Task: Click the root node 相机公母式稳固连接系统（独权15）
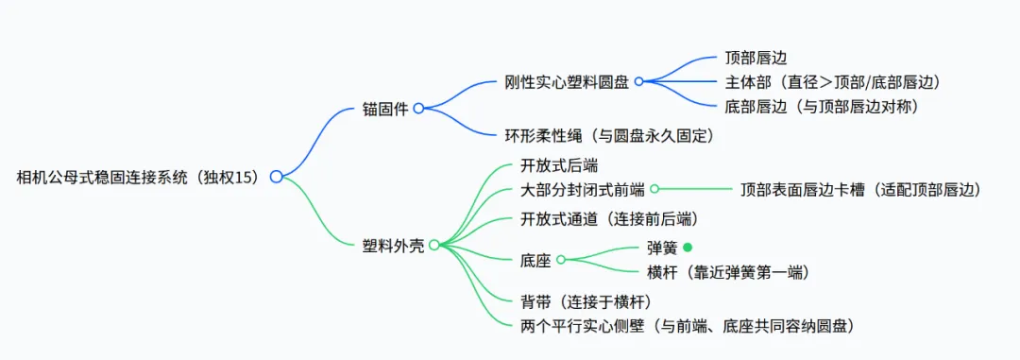pyautogui.click(x=138, y=177)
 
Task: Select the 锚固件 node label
pyautogui.click(x=385, y=109)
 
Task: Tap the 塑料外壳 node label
pyautogui.click(x=393, y=246)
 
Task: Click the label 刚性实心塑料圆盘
pyautogui.click(x=567, y=82)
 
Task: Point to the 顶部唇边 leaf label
pyautogui.click(x=756, y=58)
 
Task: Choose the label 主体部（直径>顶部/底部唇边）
pyautogui.click(x=833, y=82)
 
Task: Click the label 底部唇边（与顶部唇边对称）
pyautogui.click(x=822, y=106)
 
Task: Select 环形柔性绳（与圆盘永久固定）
pyautogui.click(x=610, y=135)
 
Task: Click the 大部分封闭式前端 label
pyautogui.click(x=583, y=189)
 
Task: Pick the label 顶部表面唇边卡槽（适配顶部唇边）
pyautogui.click(x=860, y=189)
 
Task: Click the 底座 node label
pyautogui.click(x=536, y=261)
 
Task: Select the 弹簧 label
pyautogui.click(x=662, y=248)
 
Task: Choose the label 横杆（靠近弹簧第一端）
pyautogui.click(x=728, y=271)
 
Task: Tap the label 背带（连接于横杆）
pyautogui.click(x=586, y=301)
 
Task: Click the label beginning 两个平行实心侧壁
pyautogui.click(x=687, y=325)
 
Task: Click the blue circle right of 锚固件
pyautogui.click(x=419, y=109)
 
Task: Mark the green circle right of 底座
pyautogui.click(x=561, y=260)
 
